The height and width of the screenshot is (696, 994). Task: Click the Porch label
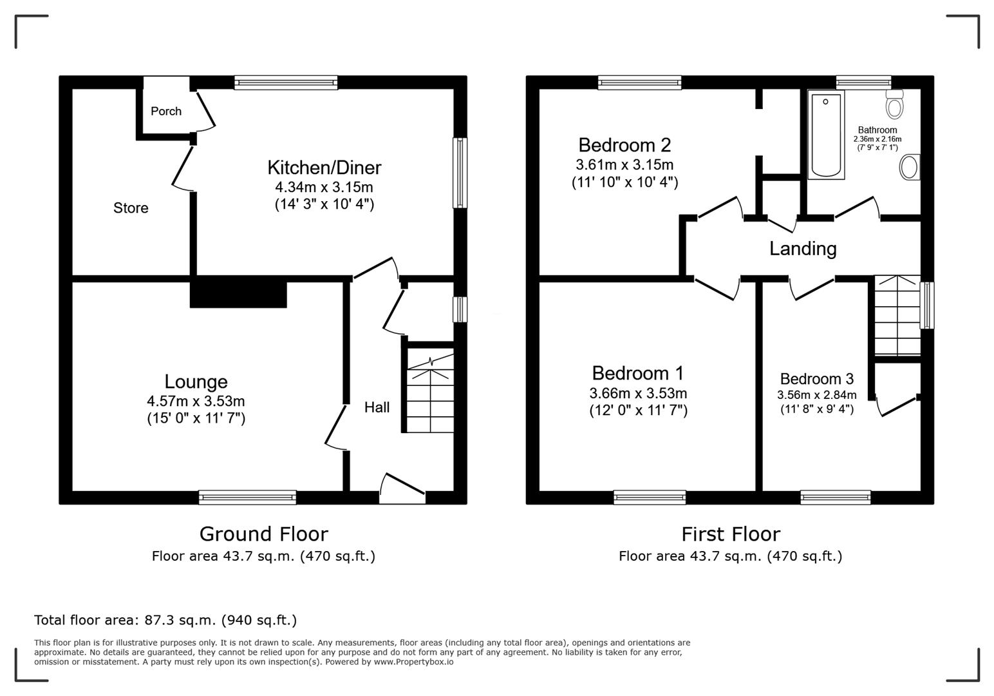pos(165,111)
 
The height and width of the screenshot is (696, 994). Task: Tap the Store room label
pos(131,208)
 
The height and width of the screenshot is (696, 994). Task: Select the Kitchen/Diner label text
pos(324,168)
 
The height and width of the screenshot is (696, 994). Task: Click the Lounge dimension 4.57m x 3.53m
pos(196,401)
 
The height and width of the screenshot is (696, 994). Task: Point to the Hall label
pos(377,407)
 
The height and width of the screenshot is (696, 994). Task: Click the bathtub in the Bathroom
pos(826,135)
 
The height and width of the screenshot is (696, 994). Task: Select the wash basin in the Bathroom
pos(909,168)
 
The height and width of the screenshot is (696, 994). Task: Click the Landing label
pos(803,249)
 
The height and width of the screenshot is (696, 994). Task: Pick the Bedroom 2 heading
pos(624,145)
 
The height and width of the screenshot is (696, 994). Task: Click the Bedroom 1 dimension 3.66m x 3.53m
pos(638,393)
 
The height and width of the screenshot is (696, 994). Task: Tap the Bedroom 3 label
pos(816,379)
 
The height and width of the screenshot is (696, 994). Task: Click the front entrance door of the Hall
pos(403,489)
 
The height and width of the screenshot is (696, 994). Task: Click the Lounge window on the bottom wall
pos(247,497)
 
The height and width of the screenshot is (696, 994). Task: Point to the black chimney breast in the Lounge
pos(238,293)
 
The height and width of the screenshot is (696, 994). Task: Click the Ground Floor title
pos(263,534)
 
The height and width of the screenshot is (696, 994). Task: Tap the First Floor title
pos(731,534)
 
